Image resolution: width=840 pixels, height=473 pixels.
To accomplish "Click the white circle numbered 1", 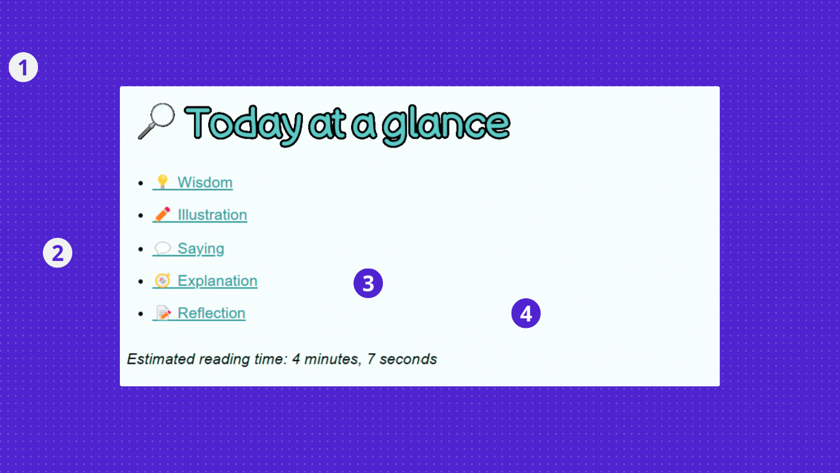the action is tap(23, 67).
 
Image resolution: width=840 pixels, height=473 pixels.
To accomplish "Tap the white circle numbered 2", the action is tap(57, 253).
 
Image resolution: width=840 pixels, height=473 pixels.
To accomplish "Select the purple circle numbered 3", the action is tap(368, 283).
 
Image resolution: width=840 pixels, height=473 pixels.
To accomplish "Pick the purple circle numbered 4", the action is tap(526, 313).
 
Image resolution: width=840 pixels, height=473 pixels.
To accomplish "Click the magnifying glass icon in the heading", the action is tap(156, 121).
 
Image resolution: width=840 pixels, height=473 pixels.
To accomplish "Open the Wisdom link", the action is tap(205, 182).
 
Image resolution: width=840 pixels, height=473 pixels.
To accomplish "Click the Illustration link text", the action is tap(212, 215).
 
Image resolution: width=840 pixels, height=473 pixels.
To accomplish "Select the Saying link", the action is tap(201, 248).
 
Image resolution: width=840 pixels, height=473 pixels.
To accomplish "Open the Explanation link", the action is tap(217, 281).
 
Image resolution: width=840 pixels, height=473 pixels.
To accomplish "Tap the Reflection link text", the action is tap(211, 313).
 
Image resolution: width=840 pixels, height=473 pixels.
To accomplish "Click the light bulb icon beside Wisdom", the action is tap(162, 182).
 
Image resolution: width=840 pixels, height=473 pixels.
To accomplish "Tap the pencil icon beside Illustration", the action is tap(162, 214).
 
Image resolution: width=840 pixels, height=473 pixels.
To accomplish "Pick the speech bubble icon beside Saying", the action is tap(162, 248).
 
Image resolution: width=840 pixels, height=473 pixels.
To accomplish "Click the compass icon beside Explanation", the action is tap(163, 280).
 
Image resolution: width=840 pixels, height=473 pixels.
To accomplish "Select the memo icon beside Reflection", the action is tap(163, 313).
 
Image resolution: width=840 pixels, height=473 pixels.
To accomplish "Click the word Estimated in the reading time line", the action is tap(161, 359).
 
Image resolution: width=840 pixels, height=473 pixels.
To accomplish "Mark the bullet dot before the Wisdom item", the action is tap(140, 183).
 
